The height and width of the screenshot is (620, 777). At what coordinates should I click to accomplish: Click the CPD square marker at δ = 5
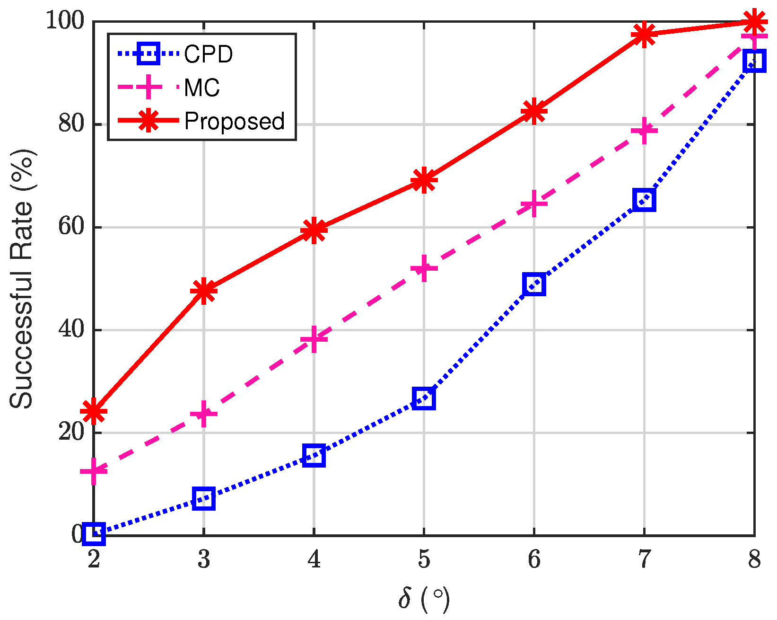424,399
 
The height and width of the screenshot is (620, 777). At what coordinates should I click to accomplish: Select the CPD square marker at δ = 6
534,284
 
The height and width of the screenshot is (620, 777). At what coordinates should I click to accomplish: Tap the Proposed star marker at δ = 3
204,290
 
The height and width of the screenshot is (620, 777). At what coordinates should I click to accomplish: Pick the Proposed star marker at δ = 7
644,35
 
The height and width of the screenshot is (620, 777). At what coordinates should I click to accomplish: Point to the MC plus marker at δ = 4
314,339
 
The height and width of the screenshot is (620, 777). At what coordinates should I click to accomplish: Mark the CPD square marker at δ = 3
204,499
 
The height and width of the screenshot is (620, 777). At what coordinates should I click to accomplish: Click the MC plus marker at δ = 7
644,130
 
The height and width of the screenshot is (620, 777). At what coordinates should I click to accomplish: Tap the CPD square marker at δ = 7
644,200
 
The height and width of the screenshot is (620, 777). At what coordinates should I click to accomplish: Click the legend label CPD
209,54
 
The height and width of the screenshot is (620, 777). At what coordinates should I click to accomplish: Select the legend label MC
202,88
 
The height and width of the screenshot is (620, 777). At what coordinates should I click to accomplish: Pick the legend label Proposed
235,121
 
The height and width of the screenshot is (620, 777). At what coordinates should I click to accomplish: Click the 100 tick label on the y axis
65,21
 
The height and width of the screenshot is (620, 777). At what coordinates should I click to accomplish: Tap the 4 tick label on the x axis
314,559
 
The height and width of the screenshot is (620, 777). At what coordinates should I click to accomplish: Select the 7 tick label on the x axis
644,559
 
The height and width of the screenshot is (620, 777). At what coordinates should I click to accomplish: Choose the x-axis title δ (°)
424,599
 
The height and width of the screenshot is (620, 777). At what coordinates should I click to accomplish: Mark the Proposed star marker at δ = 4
314,230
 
